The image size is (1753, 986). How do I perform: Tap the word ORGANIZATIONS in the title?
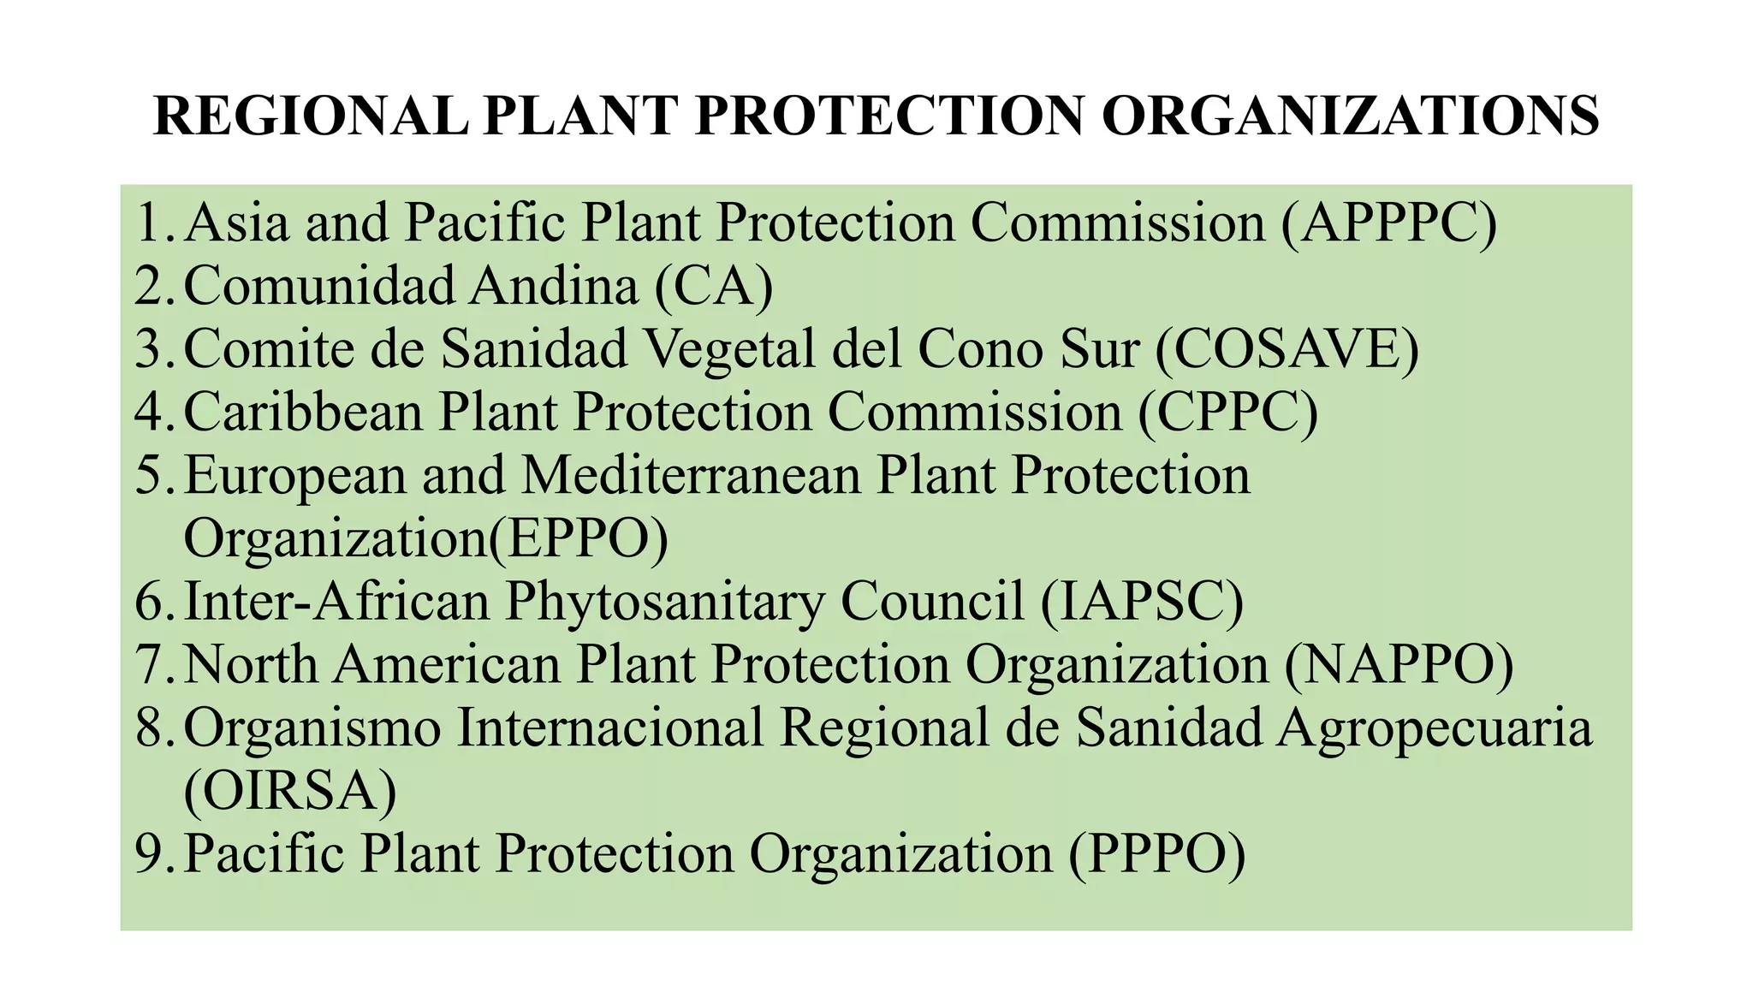point(1350,116)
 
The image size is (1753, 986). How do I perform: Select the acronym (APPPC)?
point(1389,223)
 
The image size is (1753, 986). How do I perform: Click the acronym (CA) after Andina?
point(714,286)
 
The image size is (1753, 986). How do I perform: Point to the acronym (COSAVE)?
point(1287,349)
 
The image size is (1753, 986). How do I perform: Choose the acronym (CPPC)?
point(1228,413)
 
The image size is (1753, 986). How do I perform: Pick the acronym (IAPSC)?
point(1142,601)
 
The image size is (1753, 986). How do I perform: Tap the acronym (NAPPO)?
point(1399,664)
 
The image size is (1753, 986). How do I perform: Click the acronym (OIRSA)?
point(290,791)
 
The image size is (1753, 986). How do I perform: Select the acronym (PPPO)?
point(1156,854)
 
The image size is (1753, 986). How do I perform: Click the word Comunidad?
point(318,286)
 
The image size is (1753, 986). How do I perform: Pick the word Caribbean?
point(303,413)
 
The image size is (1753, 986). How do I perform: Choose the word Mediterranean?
point(691,476)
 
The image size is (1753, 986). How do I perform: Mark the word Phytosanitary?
point(664,603)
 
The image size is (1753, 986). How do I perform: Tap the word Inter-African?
point(336,601)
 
